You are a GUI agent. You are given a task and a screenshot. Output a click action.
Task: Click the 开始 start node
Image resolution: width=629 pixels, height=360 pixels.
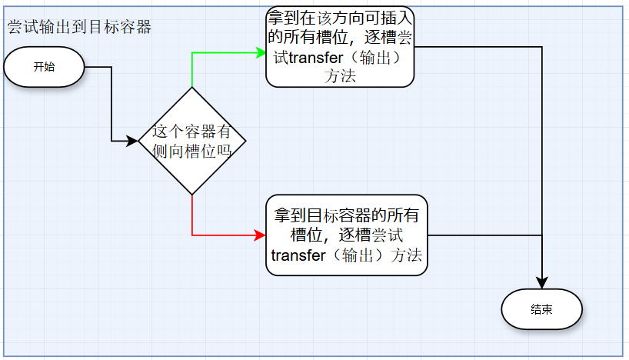pos(43,66)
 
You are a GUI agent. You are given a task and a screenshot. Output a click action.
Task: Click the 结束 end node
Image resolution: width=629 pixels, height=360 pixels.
pos(541,310)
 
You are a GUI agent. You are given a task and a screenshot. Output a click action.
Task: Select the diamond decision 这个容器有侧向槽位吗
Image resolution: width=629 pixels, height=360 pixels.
pos(191,141)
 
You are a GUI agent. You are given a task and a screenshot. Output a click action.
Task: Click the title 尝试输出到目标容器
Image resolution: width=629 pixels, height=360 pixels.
pos(79,27)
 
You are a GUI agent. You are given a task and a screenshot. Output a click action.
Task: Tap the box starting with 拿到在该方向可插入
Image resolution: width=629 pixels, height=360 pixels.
pos(340,47)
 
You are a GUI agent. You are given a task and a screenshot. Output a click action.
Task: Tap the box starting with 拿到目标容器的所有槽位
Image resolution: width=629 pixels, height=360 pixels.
pos(347,235)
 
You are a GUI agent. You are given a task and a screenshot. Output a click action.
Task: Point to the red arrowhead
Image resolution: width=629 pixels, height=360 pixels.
pos(261,235)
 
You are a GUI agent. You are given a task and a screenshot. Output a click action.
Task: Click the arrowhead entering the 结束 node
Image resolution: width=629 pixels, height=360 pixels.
pos(544,283)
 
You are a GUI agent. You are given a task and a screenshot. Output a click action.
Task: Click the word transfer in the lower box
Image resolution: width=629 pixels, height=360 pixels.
pos(298,255)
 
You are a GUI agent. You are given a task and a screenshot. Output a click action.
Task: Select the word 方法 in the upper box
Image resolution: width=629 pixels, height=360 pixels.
pos(340,75)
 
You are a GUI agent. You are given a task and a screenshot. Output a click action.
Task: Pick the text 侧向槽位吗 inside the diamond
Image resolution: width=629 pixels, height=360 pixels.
pos(191,151)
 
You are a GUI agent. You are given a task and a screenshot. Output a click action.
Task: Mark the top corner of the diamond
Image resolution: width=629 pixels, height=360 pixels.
pos(191,88)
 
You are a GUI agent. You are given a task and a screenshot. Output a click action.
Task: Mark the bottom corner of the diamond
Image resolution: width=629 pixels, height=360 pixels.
pos(191,194)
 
